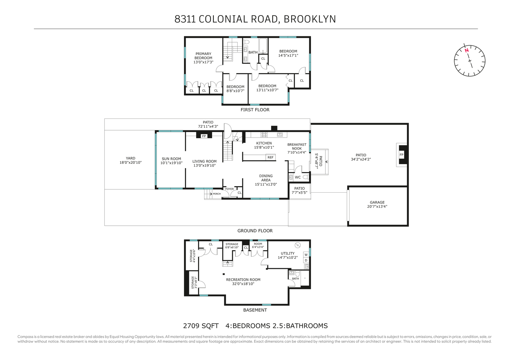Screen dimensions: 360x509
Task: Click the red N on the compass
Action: click(x=467, y=50)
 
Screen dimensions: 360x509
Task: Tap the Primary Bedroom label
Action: click(x=203, y=58)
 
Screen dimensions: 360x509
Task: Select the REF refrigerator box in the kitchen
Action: click(x=270, y=157)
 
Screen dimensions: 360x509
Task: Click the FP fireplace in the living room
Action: click(x=204, y=136)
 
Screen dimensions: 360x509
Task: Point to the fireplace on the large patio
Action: click(x=401, y=155)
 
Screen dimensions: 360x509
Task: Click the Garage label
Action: click(x=377, y=204)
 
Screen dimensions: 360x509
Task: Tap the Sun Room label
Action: click(x=171, y=161)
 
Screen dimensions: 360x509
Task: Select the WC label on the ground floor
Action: click(x=298, y=177)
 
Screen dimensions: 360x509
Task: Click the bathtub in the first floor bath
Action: click(x=263, y=46)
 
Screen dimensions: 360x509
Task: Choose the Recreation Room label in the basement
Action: click(x=243, y=282)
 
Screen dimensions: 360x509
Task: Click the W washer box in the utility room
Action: click(x=306, y=255)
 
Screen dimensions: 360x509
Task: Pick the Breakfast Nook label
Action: click(x=297, y=148)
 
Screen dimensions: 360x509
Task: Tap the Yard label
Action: click(x=131, y=160)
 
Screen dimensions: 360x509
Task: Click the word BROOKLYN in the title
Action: click(x=310, y=19)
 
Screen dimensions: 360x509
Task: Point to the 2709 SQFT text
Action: click(x=201, y=326)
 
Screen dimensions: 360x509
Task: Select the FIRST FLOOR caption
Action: click(x=255, y=110)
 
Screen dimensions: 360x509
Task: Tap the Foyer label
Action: click(x=229, y=189)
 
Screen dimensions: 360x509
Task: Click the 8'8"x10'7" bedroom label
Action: click(x=235, y=89)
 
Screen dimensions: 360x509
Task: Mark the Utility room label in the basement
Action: click(x=288, y=255)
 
